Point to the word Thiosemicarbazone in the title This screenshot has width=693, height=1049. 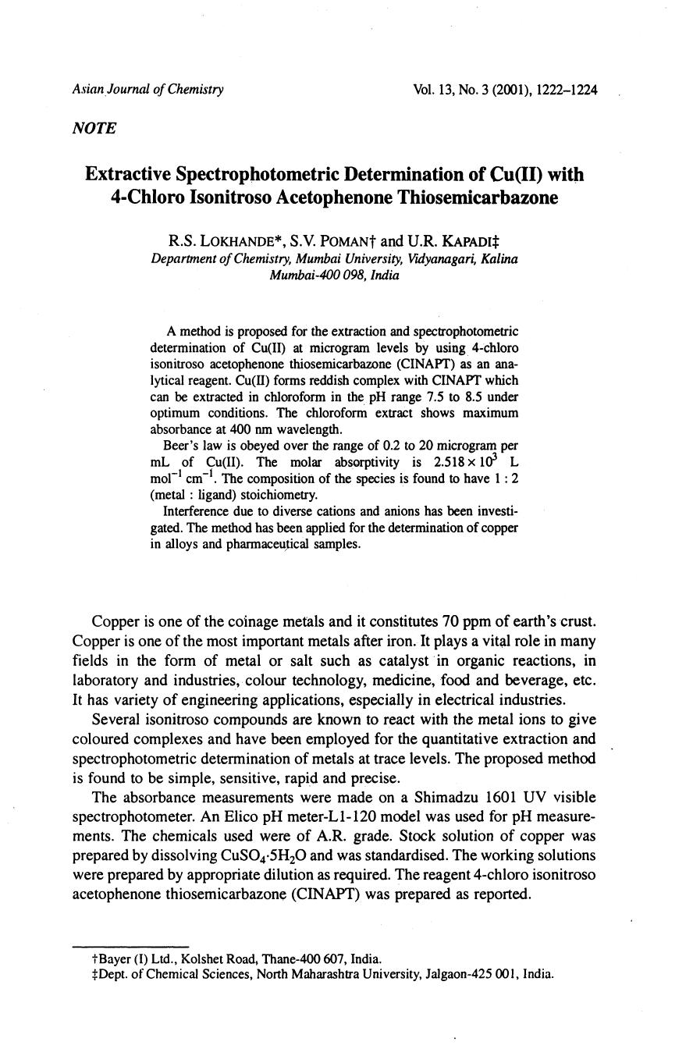[x=478, y=197]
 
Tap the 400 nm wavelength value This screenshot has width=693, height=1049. [x=247, y=428]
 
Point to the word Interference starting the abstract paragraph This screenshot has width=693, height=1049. [x=194, y=511]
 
